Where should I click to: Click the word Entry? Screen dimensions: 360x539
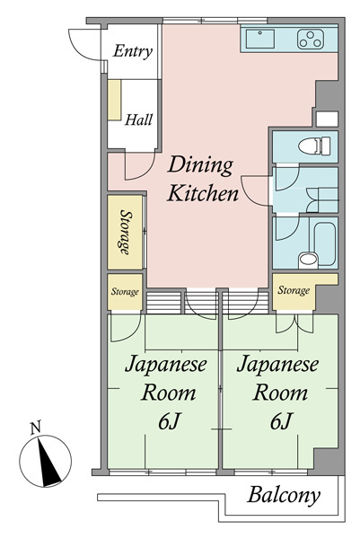pos(133,51)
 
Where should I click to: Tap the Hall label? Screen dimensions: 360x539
pos(138,119)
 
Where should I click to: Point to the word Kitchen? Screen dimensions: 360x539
pos(203,193)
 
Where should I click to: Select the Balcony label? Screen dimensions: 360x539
pos(284,496)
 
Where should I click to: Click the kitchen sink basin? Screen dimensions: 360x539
pos(260,39)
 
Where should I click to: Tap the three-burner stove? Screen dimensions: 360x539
pos(311,39)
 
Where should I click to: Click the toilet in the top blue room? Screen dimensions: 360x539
pos(314,146)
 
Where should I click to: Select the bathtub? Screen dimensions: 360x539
pos(324,243)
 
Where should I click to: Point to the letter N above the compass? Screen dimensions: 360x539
pos(35,428)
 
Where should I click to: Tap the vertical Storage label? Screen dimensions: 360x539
pos(126,232)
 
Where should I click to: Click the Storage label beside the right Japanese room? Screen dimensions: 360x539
pos(294,290)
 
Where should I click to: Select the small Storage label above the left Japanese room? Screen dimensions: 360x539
pos(125,292)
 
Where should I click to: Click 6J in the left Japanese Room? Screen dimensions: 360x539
pos(170,421)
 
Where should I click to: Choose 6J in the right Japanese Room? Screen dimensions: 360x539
pos(281,421)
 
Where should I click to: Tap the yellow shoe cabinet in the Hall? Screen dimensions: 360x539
pos(114,100)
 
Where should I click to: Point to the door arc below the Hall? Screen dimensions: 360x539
pos(145,173)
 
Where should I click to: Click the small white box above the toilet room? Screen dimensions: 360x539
pos(327,119)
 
